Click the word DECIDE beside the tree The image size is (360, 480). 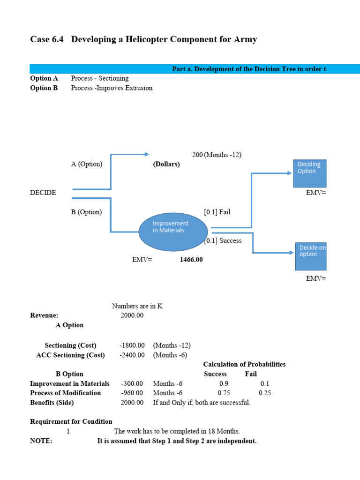tap(43, 193)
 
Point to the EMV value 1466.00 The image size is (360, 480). tap(191, 259)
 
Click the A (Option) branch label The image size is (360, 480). tap(87, 164)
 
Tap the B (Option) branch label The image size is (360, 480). tap(86, 212)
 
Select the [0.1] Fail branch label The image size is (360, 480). tap(217, 212)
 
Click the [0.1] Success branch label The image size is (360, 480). tap(223, 240)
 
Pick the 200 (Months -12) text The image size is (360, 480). tap(217, 155)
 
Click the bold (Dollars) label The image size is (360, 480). tap(166, 164)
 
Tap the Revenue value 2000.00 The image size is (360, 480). tap(132, 315)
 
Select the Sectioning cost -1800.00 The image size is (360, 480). tap(132, 345)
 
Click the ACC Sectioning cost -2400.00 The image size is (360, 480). tap(132, 355)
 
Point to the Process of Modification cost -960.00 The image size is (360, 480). tap(132, 393)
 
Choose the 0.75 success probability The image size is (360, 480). tap(224, 393)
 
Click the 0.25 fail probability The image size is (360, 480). tap(265, 393)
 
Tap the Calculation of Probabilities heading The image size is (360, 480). tap(244, 364)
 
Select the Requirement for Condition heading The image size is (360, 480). tap(71, 421)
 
